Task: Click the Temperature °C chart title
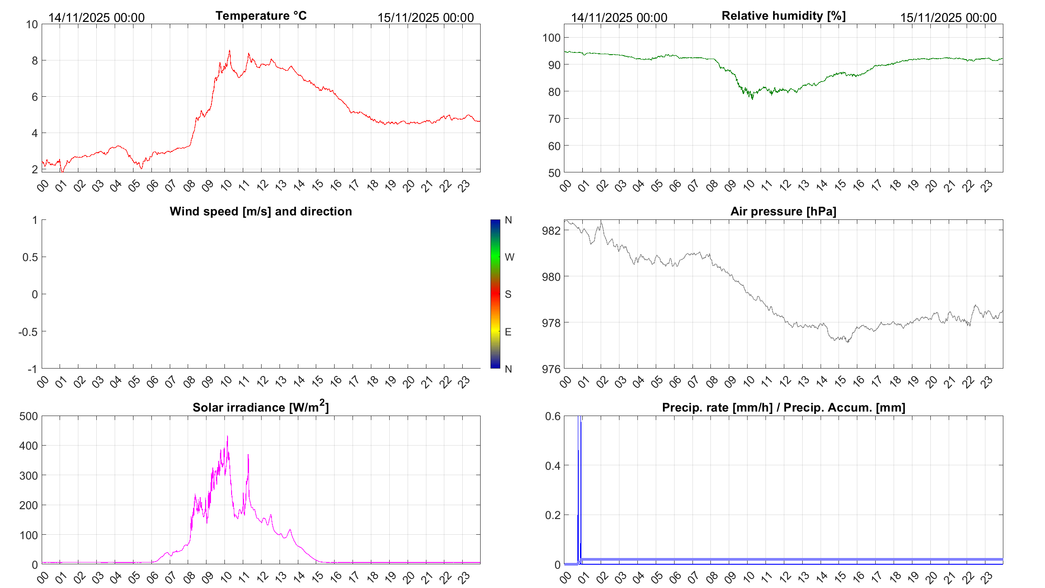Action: (261, 16)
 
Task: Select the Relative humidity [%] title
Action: (783, 16)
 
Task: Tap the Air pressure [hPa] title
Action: (783, 211)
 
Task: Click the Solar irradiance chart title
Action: (261, 407)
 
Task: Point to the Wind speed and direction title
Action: (261, 211)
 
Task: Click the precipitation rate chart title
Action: (783, 408)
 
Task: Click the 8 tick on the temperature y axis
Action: (34, 60)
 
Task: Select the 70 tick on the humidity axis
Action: (554, 119)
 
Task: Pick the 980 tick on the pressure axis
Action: (551, 277)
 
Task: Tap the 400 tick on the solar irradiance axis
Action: (28, 446)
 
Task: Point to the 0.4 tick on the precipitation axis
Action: (553, 466)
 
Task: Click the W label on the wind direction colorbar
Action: (509, 257)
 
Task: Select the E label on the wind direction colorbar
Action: (508, 332)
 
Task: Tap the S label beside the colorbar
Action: (508, 294)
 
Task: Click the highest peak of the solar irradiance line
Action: (227, 437)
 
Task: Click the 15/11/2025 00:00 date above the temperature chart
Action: (426, 17)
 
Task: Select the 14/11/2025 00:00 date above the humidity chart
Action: (619, 17)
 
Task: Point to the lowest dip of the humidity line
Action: (753, 99)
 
